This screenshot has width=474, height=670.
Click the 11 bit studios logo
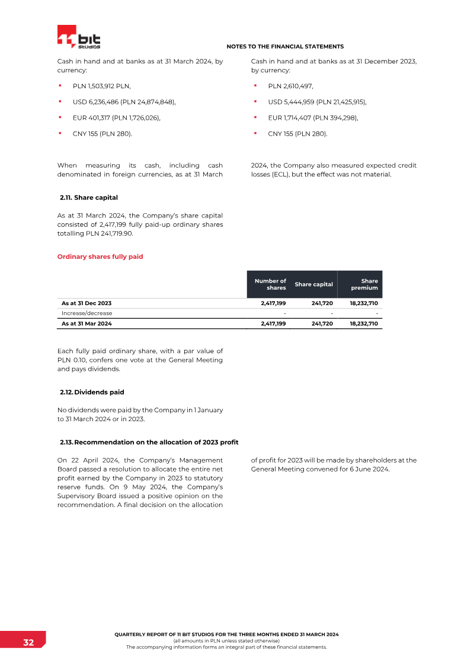(79, 37)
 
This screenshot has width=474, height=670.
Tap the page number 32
(28, 643)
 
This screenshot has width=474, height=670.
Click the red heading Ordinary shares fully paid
(100, 257)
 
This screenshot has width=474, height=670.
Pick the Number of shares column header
(270, 284)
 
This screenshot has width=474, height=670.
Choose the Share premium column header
(364, 284)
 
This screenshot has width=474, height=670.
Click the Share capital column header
(313, 284)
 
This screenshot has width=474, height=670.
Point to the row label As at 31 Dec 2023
(87, 303)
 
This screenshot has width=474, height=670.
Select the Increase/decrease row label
(87, 313)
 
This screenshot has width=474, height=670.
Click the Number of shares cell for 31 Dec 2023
(273, 303)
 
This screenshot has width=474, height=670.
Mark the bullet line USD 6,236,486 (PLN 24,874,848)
(124, 102)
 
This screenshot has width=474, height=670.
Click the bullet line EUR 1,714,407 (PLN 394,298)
(313, 118)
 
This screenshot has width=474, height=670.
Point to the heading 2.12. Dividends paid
(92, 392)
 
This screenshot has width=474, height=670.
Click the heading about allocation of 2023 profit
(149, 443)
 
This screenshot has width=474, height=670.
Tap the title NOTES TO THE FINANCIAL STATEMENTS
(285, 46)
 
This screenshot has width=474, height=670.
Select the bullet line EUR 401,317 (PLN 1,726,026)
(117, 118)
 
